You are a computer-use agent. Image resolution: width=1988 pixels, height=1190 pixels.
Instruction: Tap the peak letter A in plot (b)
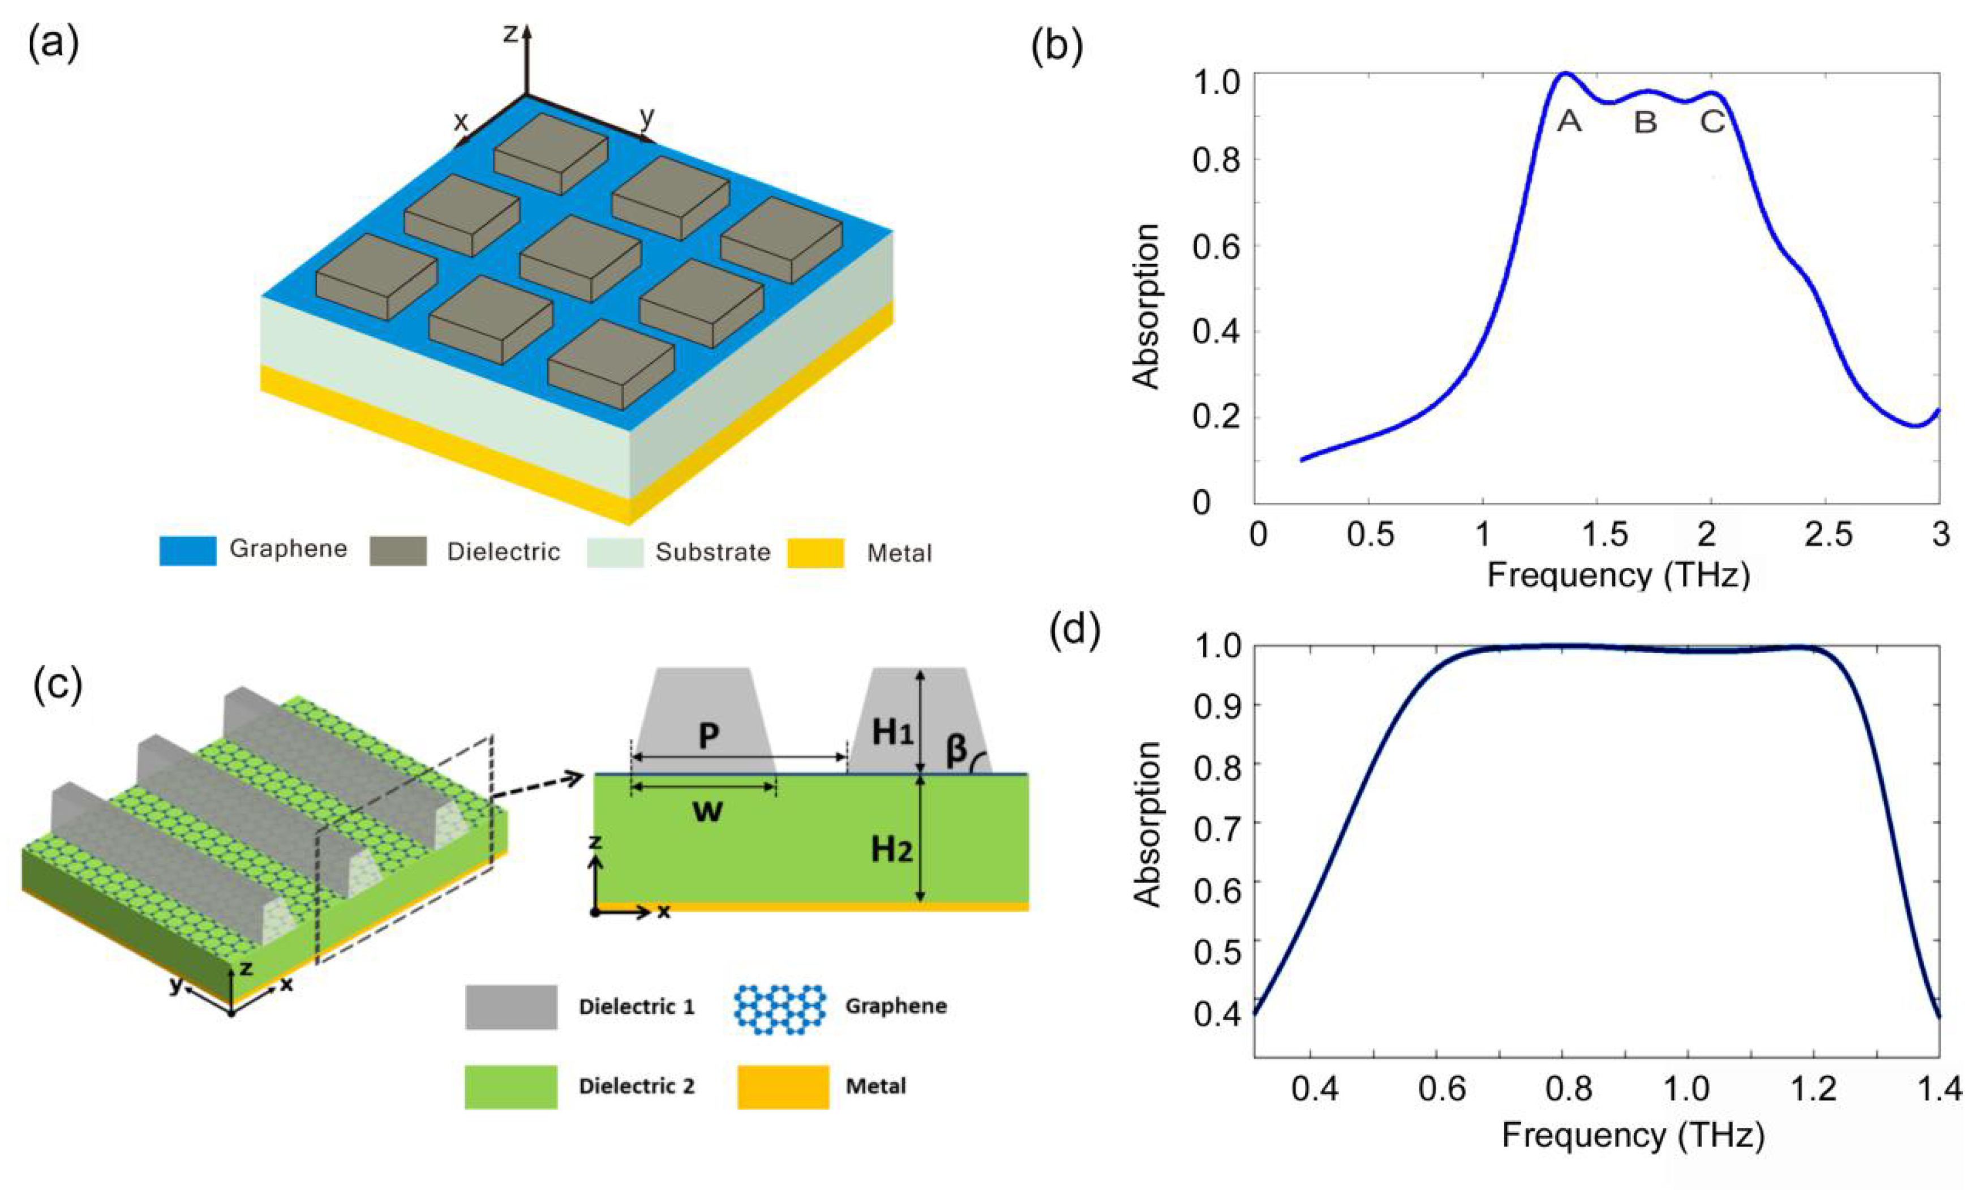[x=1569, y=122]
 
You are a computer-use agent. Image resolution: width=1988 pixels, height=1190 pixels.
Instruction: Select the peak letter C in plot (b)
[x=1712, y=122]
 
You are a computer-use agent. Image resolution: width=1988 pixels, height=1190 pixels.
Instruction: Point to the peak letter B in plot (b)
[x=1645, y=123]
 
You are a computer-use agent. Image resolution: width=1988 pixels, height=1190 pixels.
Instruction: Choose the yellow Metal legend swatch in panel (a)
[x=815, y=553]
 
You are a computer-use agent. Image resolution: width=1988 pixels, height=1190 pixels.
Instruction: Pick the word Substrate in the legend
[x=712, y=552]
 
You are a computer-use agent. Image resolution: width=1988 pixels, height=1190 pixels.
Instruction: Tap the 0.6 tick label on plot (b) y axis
[x=1216, y=246]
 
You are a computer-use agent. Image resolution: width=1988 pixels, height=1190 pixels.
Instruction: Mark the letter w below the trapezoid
[x=707, y=810]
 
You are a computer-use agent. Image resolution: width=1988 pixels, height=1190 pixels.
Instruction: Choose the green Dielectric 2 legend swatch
[x=510, y=1086]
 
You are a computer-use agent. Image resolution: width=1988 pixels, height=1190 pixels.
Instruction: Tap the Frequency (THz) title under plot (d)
[x=1633, y=1136]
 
